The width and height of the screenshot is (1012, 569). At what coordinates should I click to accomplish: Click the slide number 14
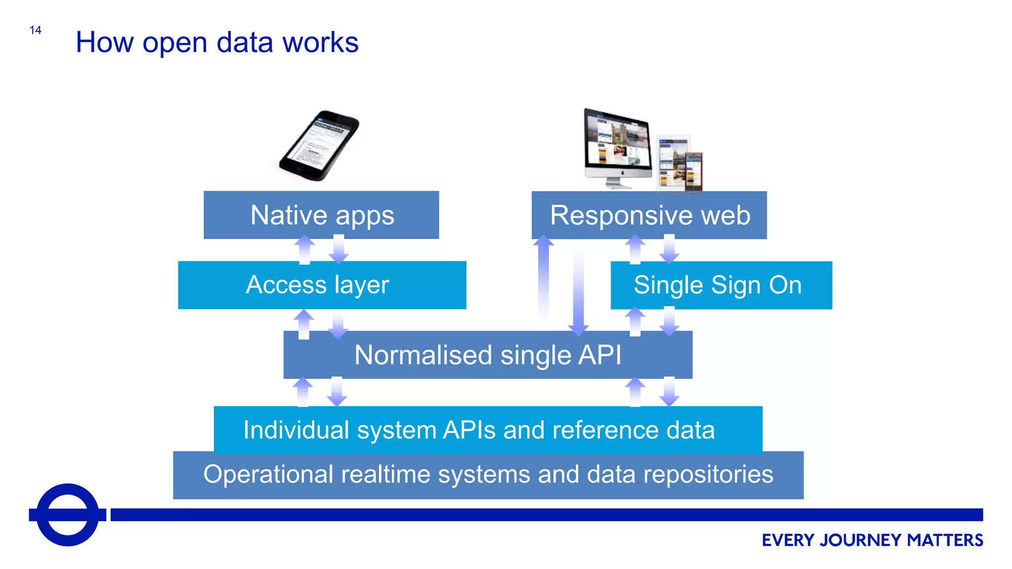click(35, 30)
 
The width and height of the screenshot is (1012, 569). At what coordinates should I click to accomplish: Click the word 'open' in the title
click(174, 43)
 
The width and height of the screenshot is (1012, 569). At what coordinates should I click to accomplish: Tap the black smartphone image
click(319, 146)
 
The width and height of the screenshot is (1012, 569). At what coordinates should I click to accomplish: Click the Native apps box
click(321, 215)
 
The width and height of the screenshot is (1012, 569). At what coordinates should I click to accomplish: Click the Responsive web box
click(649, 215)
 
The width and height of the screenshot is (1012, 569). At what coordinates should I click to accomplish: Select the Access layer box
click(322, 285)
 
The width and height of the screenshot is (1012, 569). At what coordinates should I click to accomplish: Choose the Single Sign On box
click(721, 285)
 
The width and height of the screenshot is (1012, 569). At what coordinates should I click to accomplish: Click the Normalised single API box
click(488, 355)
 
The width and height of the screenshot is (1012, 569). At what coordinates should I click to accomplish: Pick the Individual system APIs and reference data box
click(488, 429)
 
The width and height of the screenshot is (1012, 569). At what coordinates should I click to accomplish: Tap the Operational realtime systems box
click(488, 475)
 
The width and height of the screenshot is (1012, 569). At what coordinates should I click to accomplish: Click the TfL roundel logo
click(68, 515)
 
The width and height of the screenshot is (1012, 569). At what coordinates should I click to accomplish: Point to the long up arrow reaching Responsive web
click(544, 282)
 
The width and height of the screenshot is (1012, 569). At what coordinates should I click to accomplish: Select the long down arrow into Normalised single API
click(578, 291)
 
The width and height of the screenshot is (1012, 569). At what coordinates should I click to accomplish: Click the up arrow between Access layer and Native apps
click(304, 249)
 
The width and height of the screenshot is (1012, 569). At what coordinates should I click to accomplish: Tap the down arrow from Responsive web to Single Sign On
click(669, 249)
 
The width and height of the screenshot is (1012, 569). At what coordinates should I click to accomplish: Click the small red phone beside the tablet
click(694, 171)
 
